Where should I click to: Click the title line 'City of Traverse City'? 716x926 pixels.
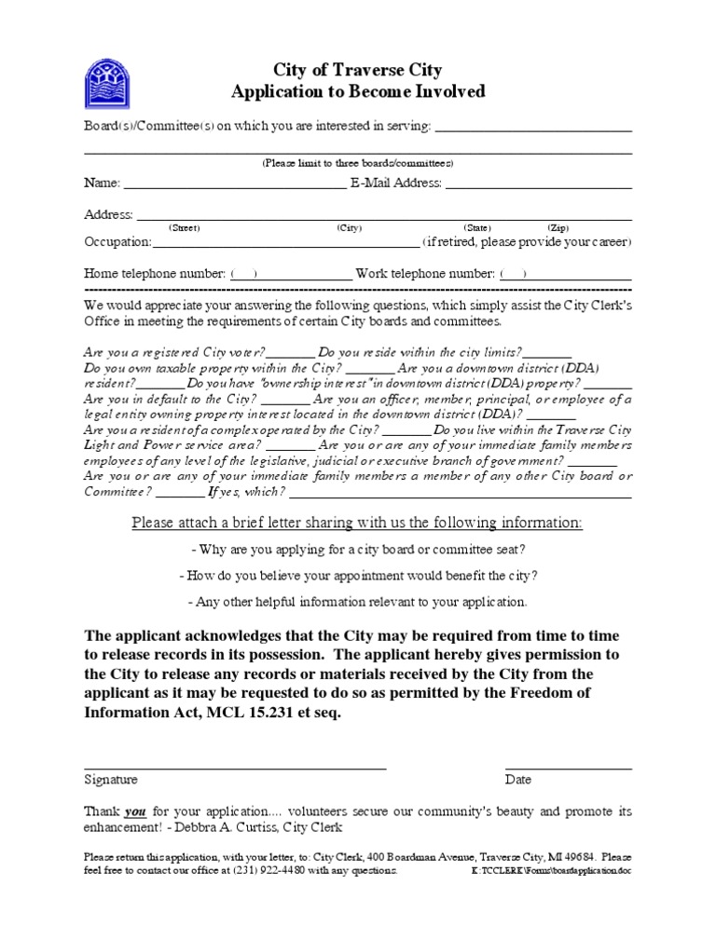[x=357, y=70]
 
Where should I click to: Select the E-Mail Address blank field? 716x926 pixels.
[x=538, y=184]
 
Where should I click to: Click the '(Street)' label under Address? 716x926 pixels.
[x=184, y=227]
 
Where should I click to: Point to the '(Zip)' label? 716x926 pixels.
[x=558, y=227]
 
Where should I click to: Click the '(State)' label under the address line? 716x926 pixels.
[x=477, y=227]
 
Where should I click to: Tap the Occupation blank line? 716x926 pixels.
[x=285, y=242]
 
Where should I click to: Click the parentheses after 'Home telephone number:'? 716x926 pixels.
[x=244, y=274]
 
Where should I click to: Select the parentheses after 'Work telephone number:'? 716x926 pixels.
[x=513, y=274]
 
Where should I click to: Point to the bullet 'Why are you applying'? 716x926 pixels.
[x=357, y=550]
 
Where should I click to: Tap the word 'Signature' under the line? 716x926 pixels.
[x=111, y=780]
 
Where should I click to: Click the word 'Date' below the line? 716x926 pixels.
[x=518, y=780]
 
